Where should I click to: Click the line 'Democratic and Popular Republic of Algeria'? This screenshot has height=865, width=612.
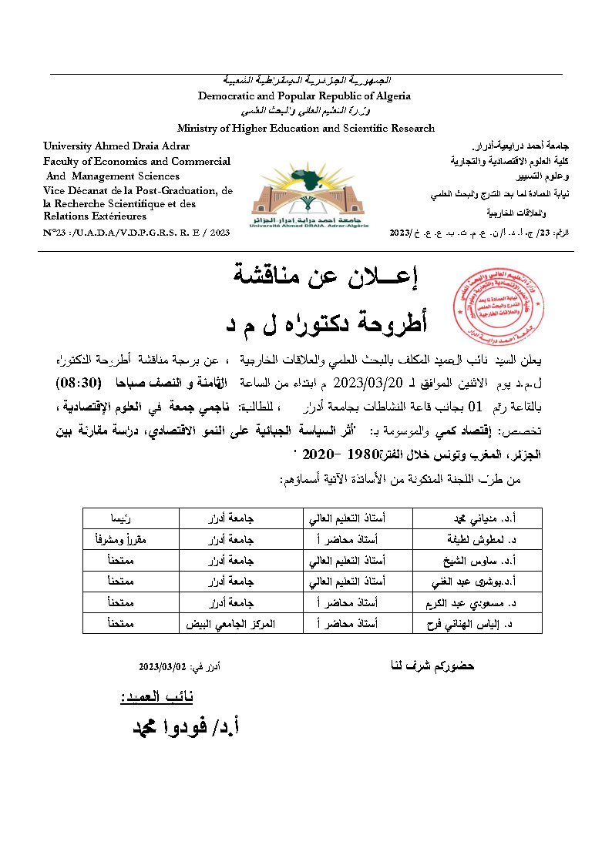coord(304,96)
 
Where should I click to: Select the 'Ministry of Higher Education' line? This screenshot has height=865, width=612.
coord(306,129)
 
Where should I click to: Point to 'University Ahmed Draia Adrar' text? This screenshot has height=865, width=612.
coord(116,146)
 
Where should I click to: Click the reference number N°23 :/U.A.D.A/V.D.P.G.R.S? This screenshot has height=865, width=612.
coord(137,232)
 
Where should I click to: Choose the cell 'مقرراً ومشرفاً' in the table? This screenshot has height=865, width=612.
coord(130,539)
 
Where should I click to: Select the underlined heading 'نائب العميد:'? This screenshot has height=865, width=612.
coord(156,697)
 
